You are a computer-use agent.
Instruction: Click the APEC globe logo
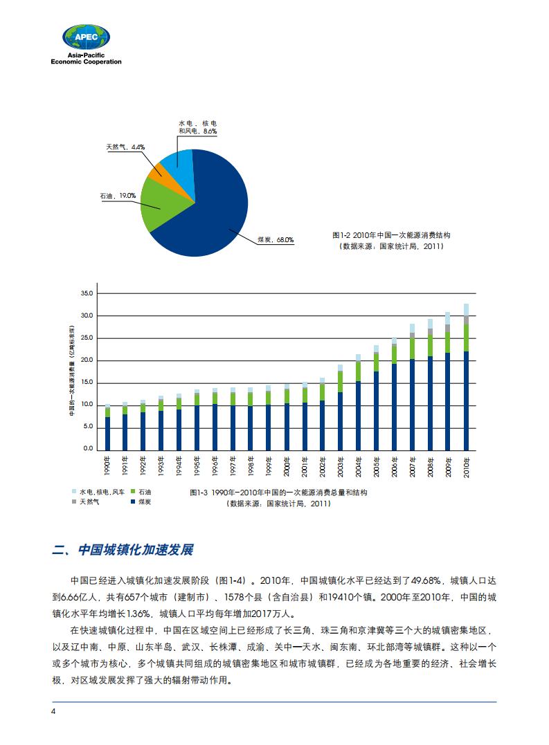coord(87,38)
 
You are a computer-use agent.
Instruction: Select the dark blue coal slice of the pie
coord(208,208)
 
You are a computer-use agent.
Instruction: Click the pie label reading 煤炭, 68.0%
coord(275,240)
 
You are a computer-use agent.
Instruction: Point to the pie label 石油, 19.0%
coord(118,196)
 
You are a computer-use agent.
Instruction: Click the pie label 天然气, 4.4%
coord(125,147)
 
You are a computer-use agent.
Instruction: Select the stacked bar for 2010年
coord(466,377)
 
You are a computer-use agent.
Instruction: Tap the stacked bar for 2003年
coord(341,407)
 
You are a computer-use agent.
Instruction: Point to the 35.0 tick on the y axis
coord(87,293)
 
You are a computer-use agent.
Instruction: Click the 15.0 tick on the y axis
coord(87,383)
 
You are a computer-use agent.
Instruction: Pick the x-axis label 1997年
coord(233,467)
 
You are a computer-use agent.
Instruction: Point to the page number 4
coord(53,713)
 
